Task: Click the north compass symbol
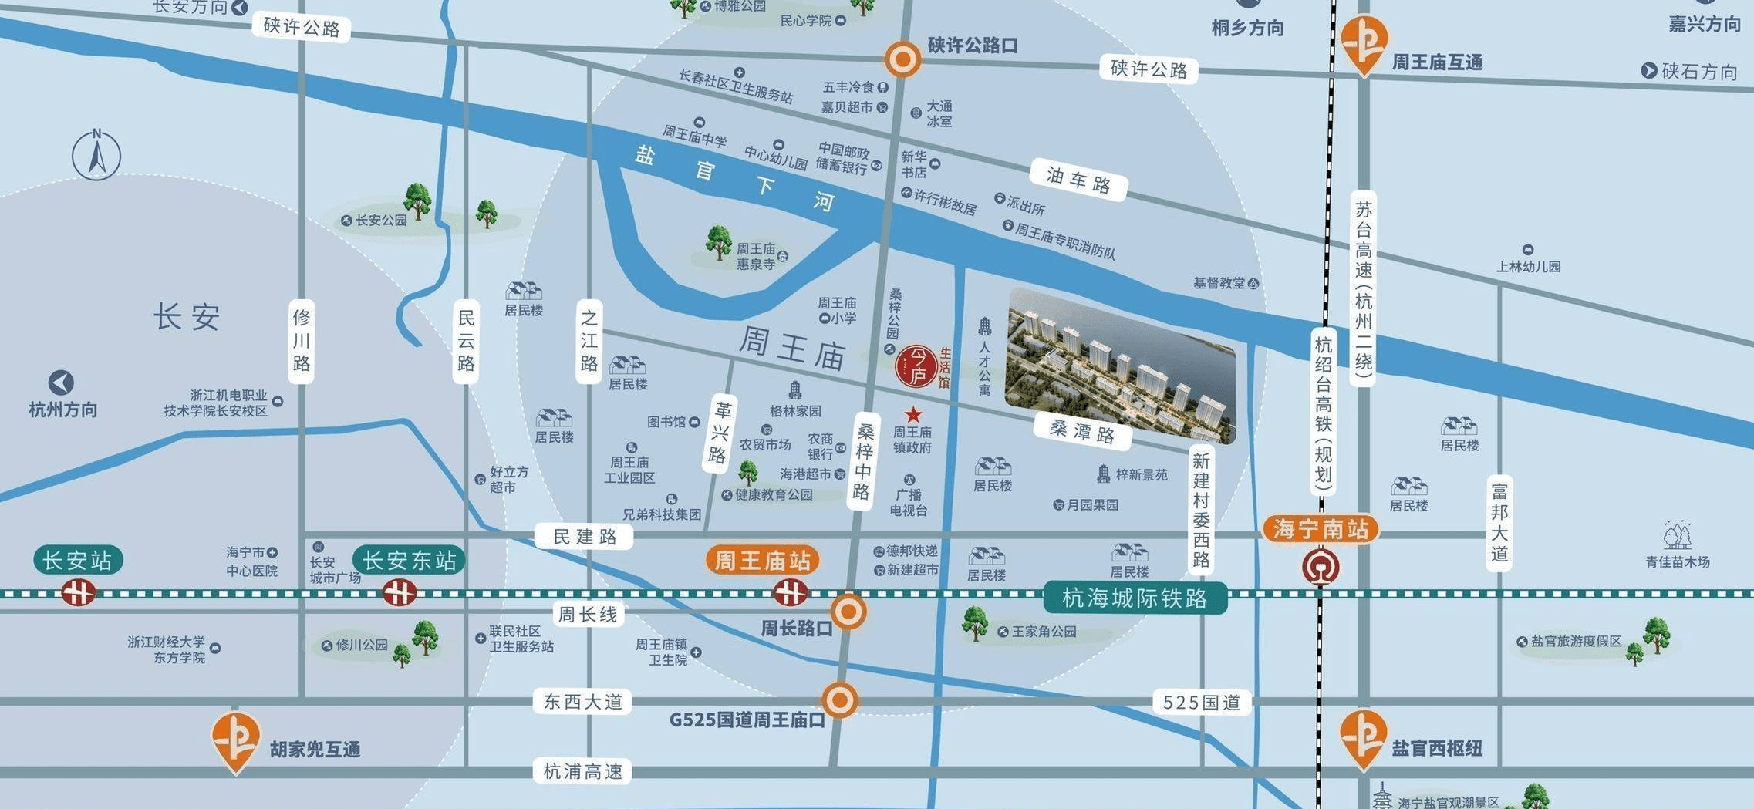click(x=96, y=154)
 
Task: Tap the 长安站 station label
click(x=77, y=560)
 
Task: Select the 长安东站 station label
click(x=409, y=560)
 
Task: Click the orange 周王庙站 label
click(x=762, y=560)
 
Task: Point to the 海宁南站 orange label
click(x=1321, y=529)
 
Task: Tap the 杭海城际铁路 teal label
click(x=1134, y=598)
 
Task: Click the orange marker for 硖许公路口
click(x=902, y=59)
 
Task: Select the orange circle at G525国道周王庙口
click(x=840, y=700)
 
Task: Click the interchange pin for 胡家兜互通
click(x=236, y=741)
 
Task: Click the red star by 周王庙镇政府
click(x=913, y=415)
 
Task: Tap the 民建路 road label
click(x=584, y=536)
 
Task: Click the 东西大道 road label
click(x=582, y=702)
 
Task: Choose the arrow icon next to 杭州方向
click(x=61, y=383)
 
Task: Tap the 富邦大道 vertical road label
click(x=1499, y=522)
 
